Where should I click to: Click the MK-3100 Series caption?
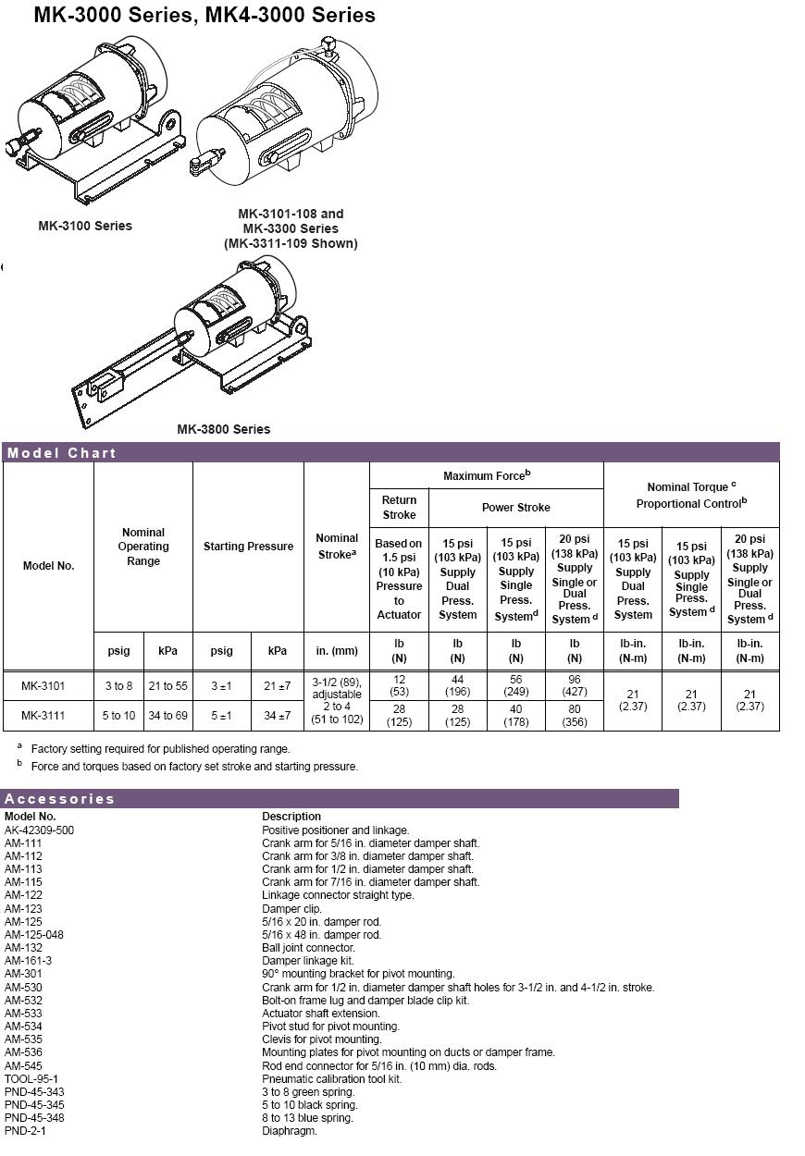(x=85, y=226)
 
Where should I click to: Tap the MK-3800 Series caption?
(x=224, y=429)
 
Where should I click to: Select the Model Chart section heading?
(x=62, y=453)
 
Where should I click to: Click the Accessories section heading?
(x=60, y=799)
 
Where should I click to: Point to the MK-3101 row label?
(x=43, y=686)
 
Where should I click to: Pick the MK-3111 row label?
(x=43, y=716)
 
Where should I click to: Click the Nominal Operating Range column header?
(x=143, y=547)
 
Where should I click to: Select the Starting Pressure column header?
(x=248, y=547)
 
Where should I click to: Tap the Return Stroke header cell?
(x=399, y=507)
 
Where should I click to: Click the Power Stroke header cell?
(x=515, y=508)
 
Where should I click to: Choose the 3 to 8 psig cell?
(x=118, y=686)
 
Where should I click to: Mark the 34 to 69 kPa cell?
(x=167, y=716)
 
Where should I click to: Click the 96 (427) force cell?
(x=575, y=686)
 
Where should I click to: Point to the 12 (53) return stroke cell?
(x=399, y=686)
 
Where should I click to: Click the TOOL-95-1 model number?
(x=31, y=1079)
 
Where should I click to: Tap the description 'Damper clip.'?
(x=291, y=909)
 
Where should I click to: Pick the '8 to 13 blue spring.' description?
(x=307, y=1118)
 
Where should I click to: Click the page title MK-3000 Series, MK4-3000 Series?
(x=204, y=16)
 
